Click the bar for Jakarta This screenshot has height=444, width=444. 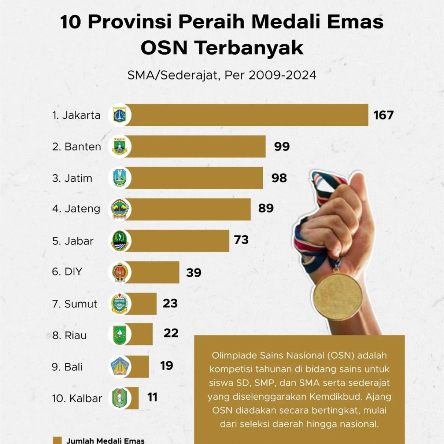248,115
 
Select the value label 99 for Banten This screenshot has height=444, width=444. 282,147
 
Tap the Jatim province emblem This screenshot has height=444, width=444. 120,178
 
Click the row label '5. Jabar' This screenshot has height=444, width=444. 73,241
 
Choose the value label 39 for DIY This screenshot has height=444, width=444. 194,273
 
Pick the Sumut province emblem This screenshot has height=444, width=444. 120,304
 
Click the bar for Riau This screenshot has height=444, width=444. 141,334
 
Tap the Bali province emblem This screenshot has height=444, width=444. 120,367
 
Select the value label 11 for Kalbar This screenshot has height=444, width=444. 152,397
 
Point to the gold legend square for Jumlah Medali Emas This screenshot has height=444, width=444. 57,440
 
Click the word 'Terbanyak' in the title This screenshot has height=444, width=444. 249,48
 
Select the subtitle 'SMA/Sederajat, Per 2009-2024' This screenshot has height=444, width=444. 222,75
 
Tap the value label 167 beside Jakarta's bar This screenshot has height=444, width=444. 383,115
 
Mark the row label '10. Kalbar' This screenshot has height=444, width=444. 77,398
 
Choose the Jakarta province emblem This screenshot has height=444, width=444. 120,115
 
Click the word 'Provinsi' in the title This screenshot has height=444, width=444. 130,22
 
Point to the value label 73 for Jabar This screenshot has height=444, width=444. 241,240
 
